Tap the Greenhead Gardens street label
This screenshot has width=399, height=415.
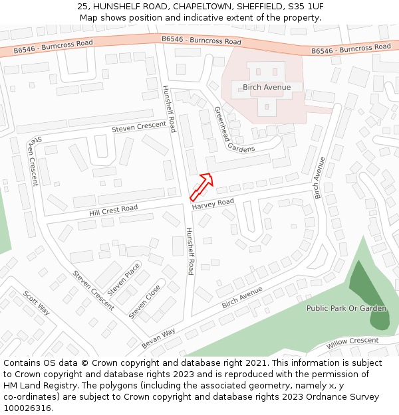click(x=234, y=129)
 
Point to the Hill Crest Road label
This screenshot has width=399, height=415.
click(x=113, y=210)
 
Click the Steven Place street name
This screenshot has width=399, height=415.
click(x=124, y=280)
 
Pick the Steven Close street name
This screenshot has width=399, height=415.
click(x=144, y=301)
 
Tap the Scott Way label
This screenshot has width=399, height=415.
click(x=37, y=303)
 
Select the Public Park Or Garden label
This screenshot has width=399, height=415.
click(x=346, y=308)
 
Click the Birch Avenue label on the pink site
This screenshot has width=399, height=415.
click(x=267, y=87)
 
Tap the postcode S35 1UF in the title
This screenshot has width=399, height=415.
click(x=306, y=6)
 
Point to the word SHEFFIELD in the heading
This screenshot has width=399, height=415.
click(x=253, y=6)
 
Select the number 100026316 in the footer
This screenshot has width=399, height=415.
click(x=27, y=408)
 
